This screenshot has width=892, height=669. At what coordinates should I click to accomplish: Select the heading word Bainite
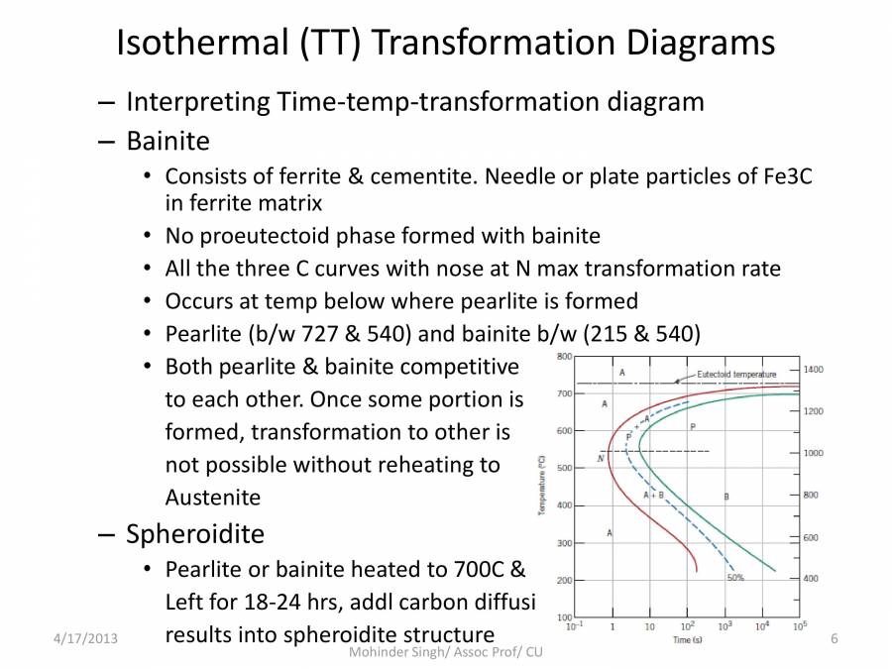click(167, 141)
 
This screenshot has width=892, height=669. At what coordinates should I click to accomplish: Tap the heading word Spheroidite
click(194, 534)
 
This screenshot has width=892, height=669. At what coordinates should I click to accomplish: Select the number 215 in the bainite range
click(612, 333)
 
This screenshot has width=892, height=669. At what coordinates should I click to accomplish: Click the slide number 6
click(834, 639)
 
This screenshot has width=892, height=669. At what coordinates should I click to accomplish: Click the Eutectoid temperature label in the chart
click(736, 375)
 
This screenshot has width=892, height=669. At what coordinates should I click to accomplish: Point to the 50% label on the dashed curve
click(735, 577)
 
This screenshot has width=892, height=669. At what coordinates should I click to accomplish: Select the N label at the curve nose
click(601, 457)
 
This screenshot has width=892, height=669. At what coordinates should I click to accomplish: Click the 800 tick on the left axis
click(563, 356)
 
